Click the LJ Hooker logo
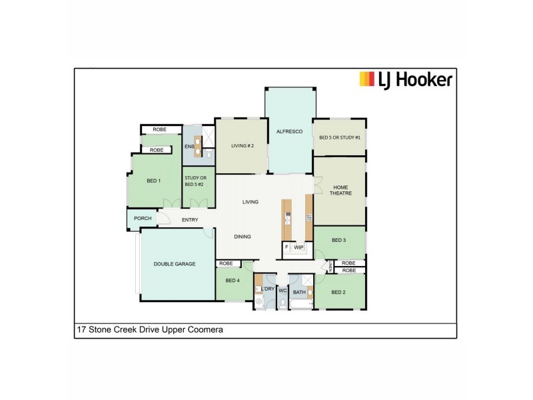tap(405, 80)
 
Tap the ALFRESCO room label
tap(289, 132)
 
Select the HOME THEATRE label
tap(340, 190)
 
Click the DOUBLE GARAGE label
tap(175, 264)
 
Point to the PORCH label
tap(143, 219)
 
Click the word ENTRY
tap(190, 220)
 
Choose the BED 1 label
tap(154, 181)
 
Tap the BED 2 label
tap(338, 292)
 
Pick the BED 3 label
tap(338, 240)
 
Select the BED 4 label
tap(233, 281)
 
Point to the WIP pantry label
tap(298, 247)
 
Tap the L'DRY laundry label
tap(268, 289)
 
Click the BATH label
tap(299, 291)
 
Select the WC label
tap(282, 291)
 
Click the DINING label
tap(242, 237)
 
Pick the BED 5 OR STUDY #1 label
tap(340, 137)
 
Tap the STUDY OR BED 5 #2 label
tap(196, 181)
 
